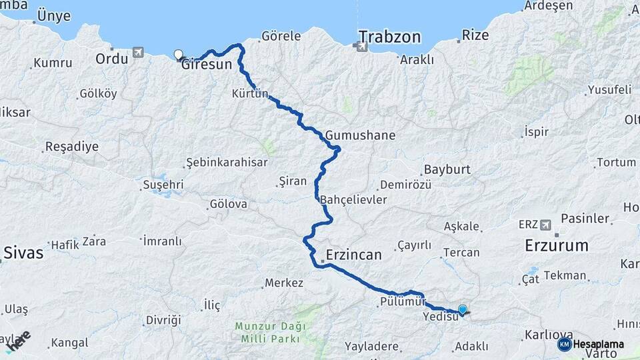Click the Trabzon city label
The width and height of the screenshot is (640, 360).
tap(389, 36)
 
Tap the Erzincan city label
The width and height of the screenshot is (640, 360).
tap(353, 255)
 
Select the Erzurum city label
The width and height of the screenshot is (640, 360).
tap(557, 245)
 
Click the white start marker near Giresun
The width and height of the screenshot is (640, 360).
tap(178, 55)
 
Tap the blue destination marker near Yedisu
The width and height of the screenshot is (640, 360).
tap(462, 309)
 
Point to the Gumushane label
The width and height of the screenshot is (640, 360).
tap(361, 135)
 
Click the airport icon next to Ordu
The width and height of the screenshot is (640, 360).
tap(138, 52)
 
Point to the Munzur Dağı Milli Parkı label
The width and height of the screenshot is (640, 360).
tap(270, 332)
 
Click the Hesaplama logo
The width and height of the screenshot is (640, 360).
tap(591, 343)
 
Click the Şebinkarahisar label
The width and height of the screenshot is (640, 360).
tap(226, 162)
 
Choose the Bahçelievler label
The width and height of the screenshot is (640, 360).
tap(353, 200)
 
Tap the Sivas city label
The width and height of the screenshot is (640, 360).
tap(23, 253)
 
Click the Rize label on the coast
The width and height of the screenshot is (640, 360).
tap(475, 35)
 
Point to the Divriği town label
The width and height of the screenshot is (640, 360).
tap(163, 320)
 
